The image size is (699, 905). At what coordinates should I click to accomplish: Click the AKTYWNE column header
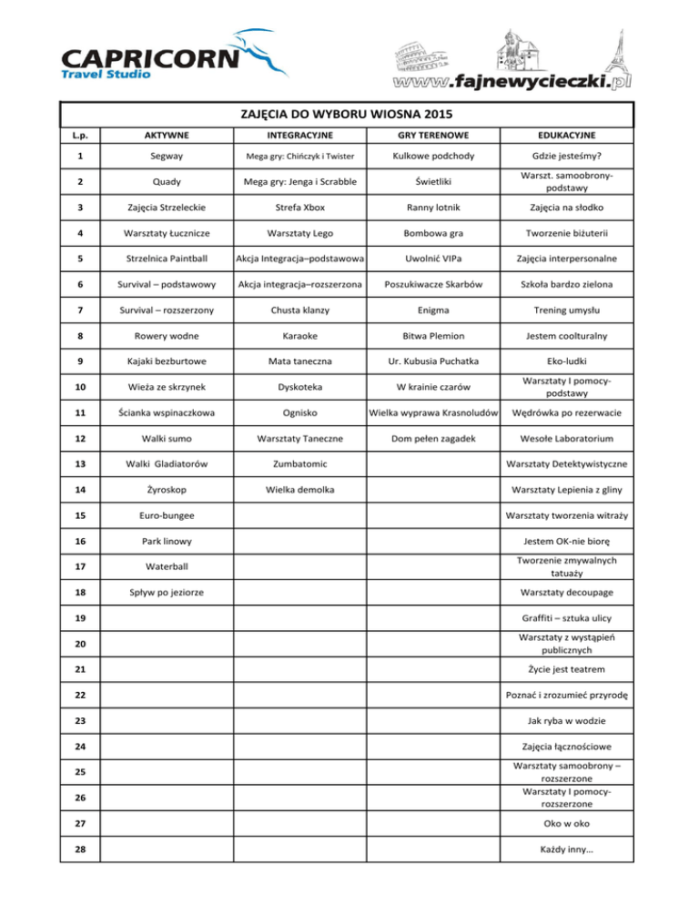[165, 135]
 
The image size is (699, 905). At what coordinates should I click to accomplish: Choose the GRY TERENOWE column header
[433, 135]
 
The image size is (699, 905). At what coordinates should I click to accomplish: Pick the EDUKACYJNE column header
[567, 135]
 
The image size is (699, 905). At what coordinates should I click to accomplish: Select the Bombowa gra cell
[433, 233]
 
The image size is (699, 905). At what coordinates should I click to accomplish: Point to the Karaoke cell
[299, 336]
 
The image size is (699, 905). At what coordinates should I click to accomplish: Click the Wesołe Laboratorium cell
[567, 439]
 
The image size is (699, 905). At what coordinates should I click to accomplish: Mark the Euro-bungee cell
[165, 516]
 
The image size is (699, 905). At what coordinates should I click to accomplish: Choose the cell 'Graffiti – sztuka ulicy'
[567, 619]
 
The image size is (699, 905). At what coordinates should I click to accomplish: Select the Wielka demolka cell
[299, 491]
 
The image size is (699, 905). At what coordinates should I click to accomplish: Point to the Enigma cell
[433, 310]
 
